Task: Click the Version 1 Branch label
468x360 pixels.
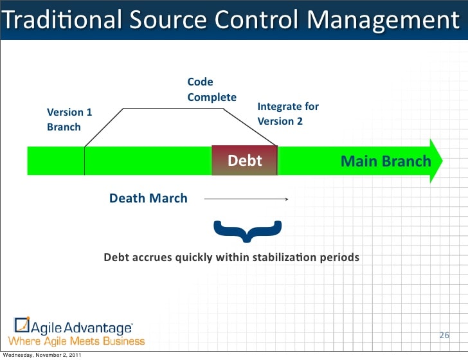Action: pyautogui.click(x=69, y=120)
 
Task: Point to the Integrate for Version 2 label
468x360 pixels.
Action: pyautogui.click(x=287, y=113)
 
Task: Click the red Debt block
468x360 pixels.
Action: pyautogui.click(x=244, y=160)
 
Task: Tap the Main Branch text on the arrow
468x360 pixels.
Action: pyautogui.click(x=385, y=161)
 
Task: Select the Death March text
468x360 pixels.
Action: pyautogui.click(x=148, y=198)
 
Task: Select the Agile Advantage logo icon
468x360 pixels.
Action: pyautogui.click(x=22, y=325)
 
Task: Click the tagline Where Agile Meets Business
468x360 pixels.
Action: pyautogui.click(x=76, y=341)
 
